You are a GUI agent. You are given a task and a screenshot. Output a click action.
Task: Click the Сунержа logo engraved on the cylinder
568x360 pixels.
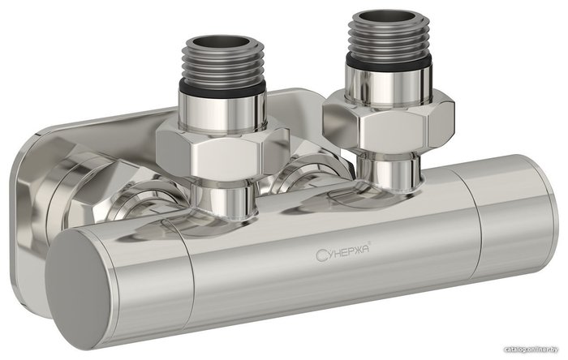(x=342, y=251)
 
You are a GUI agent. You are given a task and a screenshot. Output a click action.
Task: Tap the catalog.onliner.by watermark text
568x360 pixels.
(x=531, y=349)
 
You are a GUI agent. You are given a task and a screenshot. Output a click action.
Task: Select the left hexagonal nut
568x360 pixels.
(x=222, y=152)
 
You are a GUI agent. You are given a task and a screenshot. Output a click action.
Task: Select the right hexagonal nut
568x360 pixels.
(x=389, y=121)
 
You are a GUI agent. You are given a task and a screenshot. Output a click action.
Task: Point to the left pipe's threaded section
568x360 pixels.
(x=225, y=63)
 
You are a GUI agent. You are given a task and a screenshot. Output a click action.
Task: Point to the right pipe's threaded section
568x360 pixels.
(x=389, y=36)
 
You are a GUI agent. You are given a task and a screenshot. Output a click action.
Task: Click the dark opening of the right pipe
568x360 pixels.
(x=388, y=16)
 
